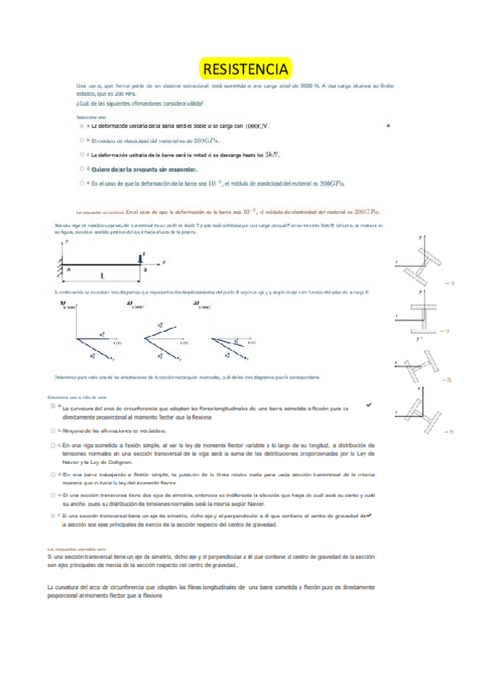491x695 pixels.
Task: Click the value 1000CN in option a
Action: point(257,127)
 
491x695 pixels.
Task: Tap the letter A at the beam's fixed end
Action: point(69,268)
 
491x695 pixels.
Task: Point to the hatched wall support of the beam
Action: point(58,261)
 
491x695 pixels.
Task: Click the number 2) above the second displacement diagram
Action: point(130,303)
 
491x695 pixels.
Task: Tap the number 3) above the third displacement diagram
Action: point(196,303)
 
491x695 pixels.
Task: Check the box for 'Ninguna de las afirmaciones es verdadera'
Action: point(53,429)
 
